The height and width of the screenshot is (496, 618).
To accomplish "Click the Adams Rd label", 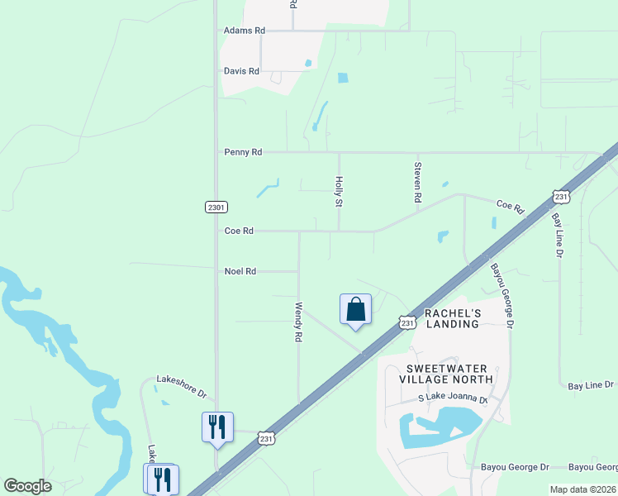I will [245, 31].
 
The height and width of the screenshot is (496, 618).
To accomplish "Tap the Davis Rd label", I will [241, 71].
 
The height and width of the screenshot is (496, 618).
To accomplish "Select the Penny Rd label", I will [243, 152].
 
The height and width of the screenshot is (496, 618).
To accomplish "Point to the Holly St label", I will [338, 191].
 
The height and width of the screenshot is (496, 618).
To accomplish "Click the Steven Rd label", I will [417, 183].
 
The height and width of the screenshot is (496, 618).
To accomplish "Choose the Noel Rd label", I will [240, 271].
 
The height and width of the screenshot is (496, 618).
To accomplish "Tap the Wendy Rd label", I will [299, 322].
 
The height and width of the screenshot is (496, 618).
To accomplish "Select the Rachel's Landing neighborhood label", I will [452, 318].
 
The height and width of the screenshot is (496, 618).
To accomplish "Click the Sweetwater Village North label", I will [445, 374].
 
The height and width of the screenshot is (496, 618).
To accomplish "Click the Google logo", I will [27, 486].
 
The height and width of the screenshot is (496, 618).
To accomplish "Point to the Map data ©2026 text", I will [582, 489].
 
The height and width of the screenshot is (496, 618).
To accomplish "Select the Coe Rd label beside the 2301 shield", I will [239, 231].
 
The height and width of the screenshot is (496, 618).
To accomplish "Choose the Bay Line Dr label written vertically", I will [556, 236].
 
